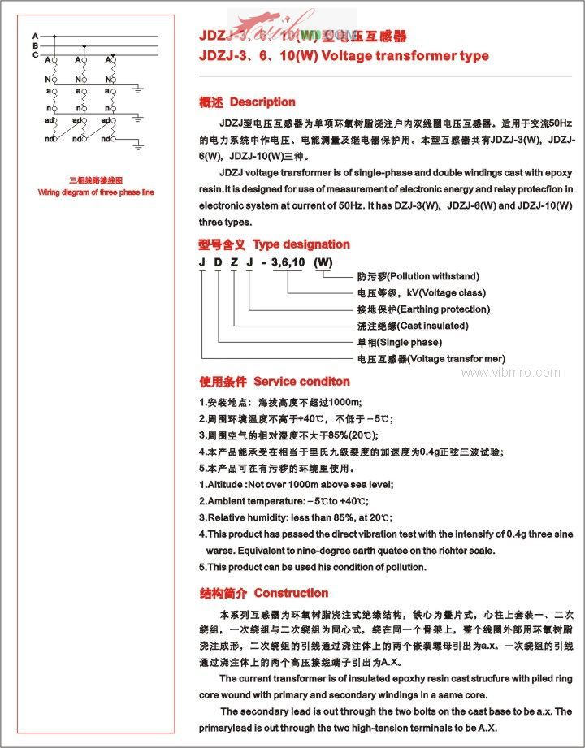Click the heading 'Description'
(x=262, y=102)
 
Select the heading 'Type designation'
(x=301, y=244)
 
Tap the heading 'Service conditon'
(x=301, y=382)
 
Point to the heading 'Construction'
(x=291, y=594)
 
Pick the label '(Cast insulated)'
(x=433, y=326)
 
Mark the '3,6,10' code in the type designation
(x=287, y=262)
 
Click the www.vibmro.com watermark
(x=510, y=373)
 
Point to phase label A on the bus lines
(x=35, y=37)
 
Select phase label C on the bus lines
(x=35, y=54)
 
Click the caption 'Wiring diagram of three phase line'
(x=96, y=192)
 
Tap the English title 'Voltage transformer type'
(x=405, y=56)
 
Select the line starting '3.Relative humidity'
(x=296, y=517)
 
